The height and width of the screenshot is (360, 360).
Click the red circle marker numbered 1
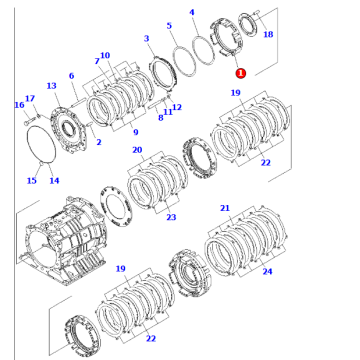pos(240,73)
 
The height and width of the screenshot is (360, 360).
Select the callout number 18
pos(268,34)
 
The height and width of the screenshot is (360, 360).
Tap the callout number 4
pos(191,12)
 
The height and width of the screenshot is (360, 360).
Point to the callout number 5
pos(169,25)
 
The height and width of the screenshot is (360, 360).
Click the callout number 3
pos(146,38)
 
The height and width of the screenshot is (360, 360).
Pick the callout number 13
pos(51,86)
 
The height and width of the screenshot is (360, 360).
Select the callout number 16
pos(20,105)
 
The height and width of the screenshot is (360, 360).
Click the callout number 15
pos(32,180)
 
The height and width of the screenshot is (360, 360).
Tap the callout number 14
pos(54,180)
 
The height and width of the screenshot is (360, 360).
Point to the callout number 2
pos(99,142)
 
